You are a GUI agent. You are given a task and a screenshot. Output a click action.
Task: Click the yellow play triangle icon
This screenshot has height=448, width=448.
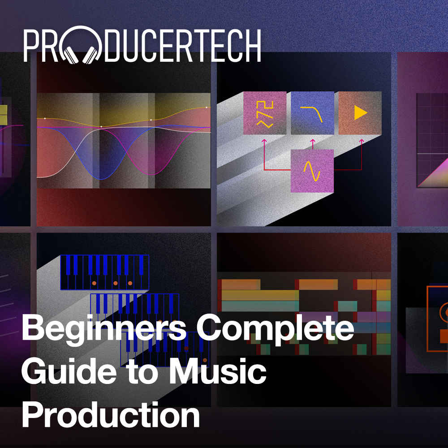tap(360, 113)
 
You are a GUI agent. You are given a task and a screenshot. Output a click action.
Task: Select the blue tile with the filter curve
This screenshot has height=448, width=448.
tap(312, 113)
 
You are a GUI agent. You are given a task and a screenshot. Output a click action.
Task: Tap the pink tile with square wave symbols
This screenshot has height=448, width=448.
tap(265, 113)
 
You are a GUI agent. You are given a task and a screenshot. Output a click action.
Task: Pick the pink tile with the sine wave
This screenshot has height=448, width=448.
tap(312, 171)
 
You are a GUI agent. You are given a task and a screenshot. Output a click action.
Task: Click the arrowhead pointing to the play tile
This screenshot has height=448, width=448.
tap(361, 141)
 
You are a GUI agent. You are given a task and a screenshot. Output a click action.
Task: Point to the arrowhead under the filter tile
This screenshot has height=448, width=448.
tap(312, 141)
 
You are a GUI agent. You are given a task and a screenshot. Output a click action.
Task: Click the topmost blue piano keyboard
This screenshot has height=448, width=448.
tap(104, 272)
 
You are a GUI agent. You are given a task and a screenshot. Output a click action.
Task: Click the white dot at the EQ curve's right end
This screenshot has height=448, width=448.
tap(207, 108)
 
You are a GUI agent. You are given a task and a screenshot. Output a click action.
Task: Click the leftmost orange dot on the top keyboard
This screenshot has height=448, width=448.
tap(94, 283)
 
